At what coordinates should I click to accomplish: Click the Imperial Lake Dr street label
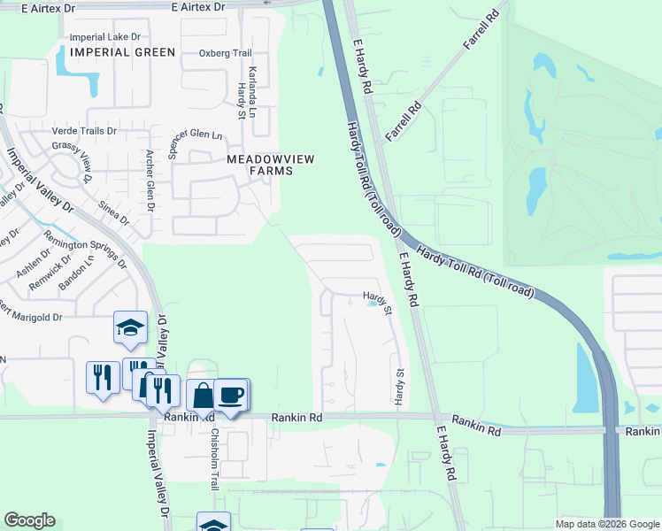[x=104, y=37]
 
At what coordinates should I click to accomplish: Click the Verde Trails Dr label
[x=86, y=131]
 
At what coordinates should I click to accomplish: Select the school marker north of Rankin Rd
[x=130, y=327]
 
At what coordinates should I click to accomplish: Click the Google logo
[x=29, y=520]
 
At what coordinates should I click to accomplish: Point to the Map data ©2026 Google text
[x=608, y=524]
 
